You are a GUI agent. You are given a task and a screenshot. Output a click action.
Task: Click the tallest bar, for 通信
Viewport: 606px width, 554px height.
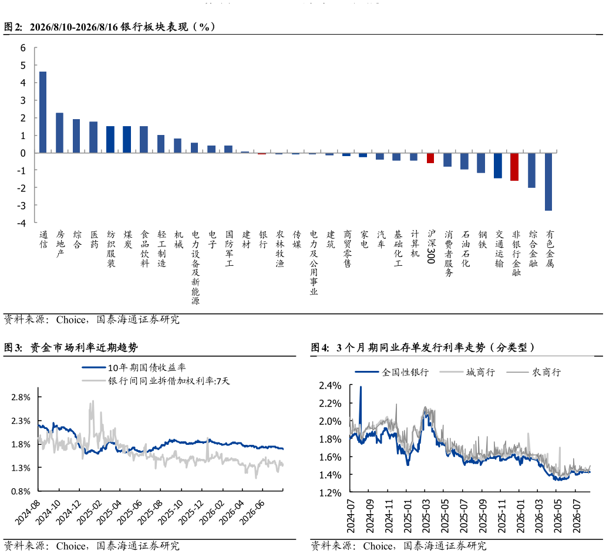point(43,112)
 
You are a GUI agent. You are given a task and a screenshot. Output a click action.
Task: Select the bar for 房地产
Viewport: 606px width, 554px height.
point(59,133)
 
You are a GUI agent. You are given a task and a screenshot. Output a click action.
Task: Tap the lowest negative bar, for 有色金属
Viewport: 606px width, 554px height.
point(548,181)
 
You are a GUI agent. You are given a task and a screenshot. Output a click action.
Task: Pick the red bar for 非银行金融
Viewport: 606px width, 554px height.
point(514,167)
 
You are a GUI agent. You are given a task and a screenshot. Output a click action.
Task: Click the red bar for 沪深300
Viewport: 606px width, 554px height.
point(430,158)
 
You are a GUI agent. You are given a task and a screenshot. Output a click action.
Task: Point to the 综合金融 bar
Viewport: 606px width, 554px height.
point(532,170)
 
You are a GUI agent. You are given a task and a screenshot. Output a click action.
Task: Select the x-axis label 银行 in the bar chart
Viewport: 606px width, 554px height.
point(263,239)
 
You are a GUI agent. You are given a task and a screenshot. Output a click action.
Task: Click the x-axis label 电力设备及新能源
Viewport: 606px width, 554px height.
point(195,268)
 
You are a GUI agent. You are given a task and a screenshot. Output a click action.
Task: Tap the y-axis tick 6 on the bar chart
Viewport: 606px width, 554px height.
point(23,48)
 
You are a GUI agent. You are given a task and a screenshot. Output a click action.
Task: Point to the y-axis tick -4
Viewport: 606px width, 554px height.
point(21,223)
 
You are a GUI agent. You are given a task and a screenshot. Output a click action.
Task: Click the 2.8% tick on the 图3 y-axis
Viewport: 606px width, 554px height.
point(21,397)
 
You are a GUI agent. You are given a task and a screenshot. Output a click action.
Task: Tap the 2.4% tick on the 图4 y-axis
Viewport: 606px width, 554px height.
point(330,386)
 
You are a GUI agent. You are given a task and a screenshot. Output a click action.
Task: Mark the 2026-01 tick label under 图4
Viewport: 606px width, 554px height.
point(520,516)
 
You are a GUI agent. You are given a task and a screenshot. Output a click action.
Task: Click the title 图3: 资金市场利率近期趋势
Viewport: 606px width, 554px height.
point(70,347)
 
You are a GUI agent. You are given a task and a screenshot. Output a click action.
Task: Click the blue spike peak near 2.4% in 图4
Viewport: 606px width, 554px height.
point(361,386)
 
